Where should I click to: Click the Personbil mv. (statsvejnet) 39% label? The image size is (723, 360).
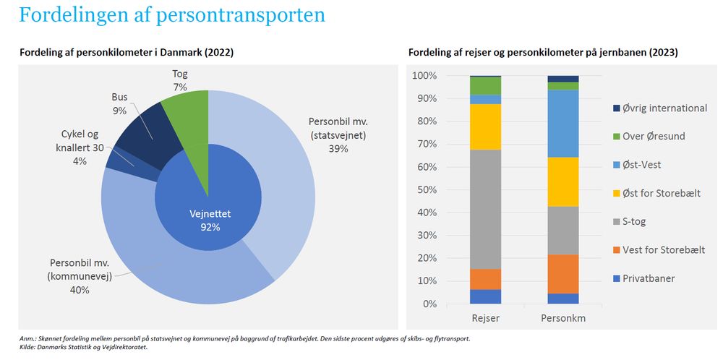338,134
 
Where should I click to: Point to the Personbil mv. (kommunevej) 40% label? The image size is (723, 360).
80,275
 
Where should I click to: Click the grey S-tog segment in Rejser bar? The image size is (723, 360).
485,210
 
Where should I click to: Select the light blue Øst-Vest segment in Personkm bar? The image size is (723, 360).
562,124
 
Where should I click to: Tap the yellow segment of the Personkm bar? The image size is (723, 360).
562,181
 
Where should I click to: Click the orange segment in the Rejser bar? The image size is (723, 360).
485,279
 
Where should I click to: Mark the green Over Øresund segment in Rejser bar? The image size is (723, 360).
485,85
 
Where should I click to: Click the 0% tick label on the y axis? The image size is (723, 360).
429,304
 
